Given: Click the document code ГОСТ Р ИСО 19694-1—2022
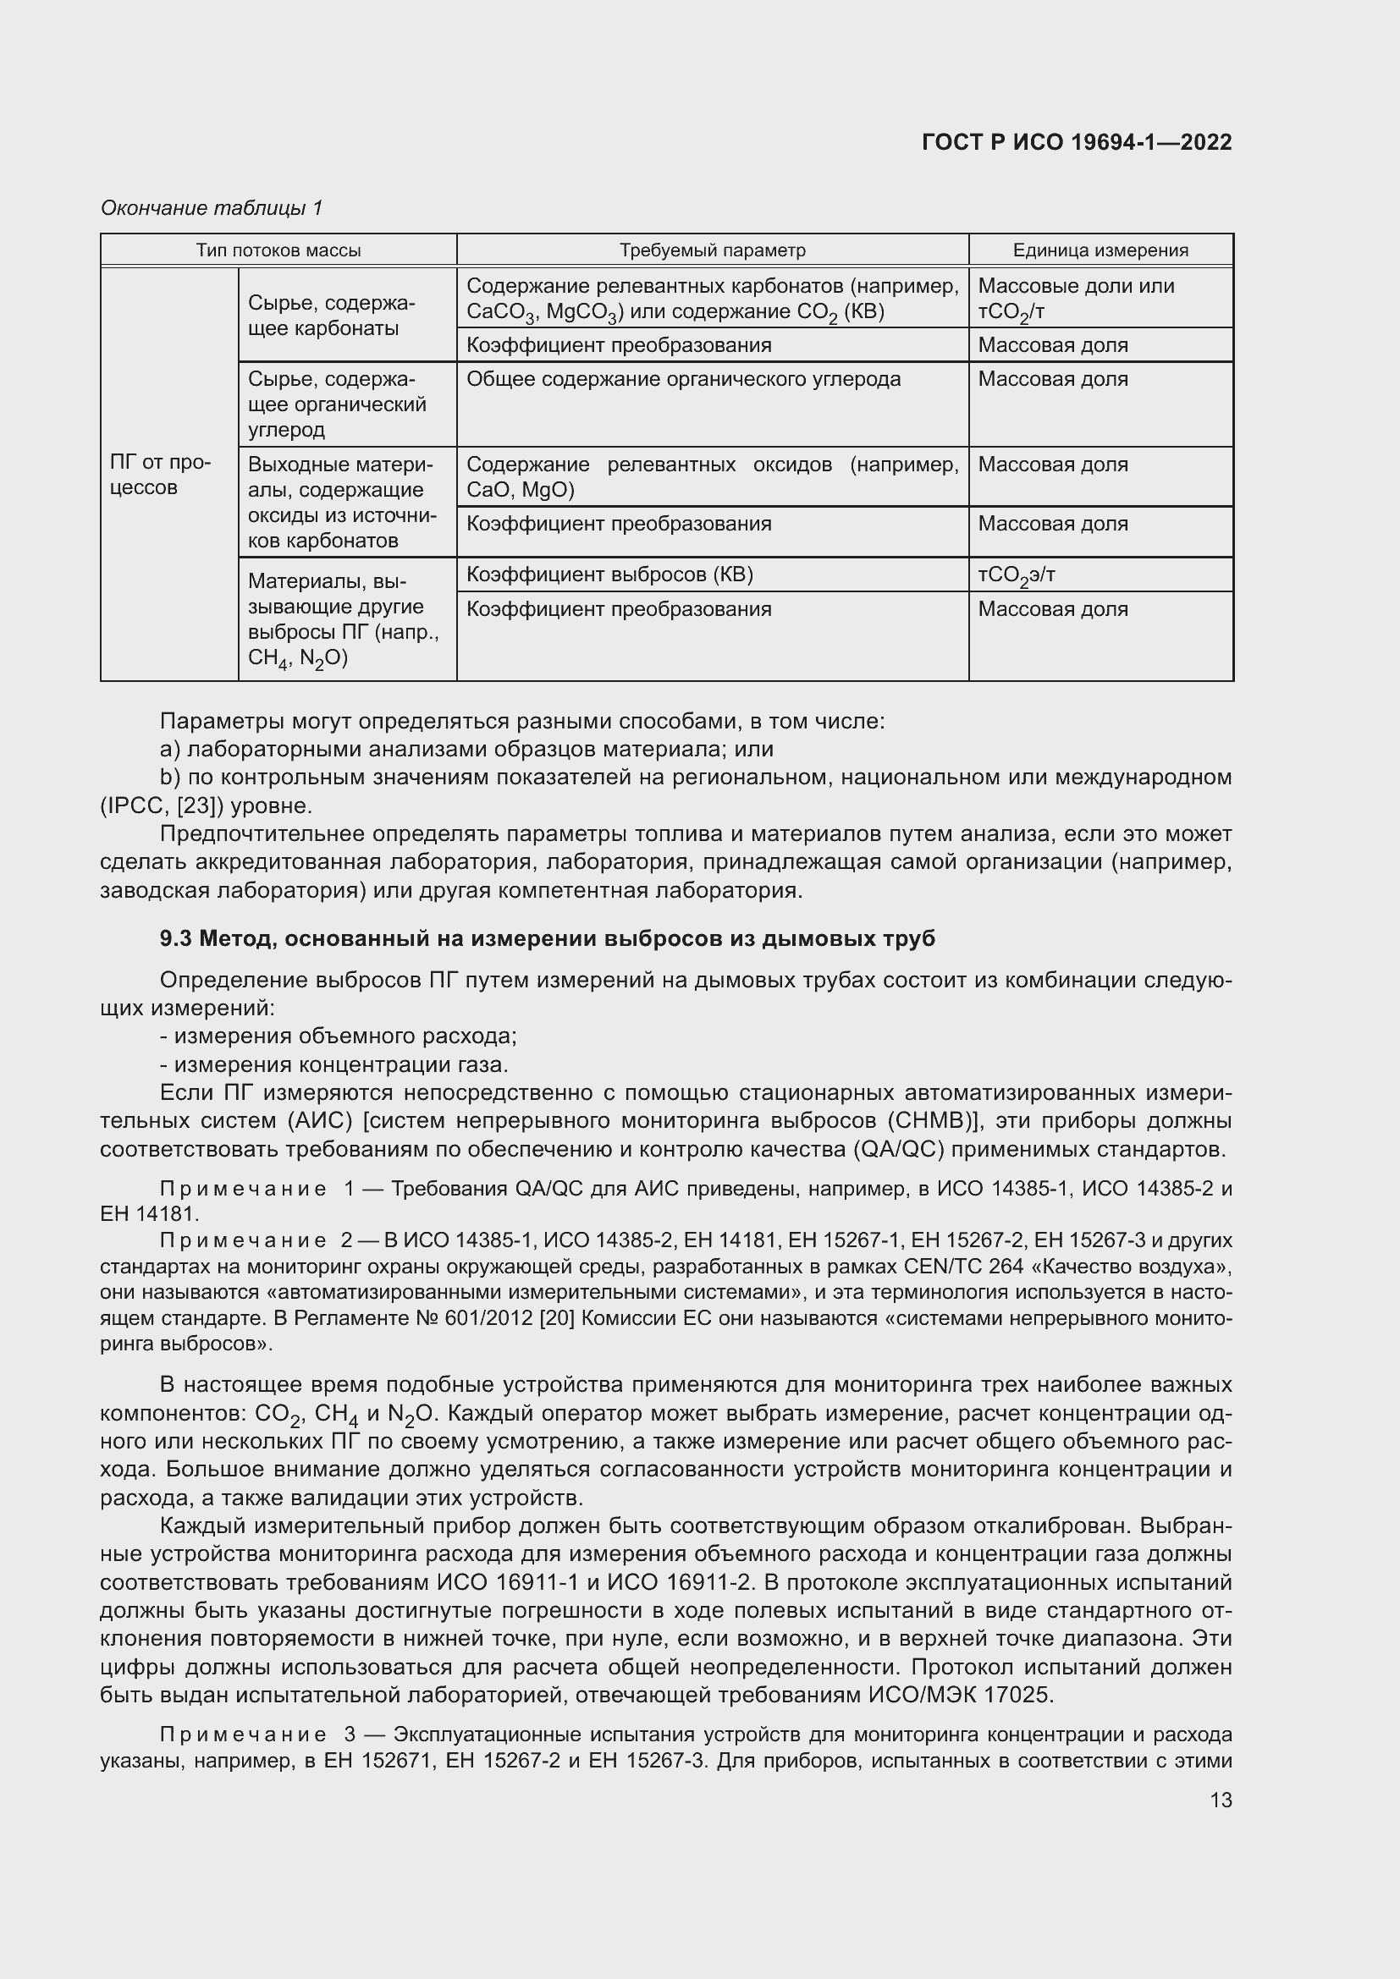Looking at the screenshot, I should coord(1076,142).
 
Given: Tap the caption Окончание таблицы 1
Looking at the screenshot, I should coord(212,208).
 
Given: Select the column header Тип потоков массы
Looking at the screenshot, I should coord(278,250).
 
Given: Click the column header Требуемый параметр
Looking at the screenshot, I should coord(712,250).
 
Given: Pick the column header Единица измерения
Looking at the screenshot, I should coord(1100,250).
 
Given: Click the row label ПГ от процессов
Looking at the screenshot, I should coord(160,475).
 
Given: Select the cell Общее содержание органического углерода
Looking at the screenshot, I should coord(683,379).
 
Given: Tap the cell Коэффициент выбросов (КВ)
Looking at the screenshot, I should coord(609,574).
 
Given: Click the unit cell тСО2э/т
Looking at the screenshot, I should coord(1017,574).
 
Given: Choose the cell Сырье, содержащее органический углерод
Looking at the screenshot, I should coord(337,404).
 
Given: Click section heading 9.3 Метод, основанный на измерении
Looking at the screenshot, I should coord(547,938).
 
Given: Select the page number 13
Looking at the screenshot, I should coord(1221,1800).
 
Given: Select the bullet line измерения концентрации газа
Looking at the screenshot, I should coord(340,1064).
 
